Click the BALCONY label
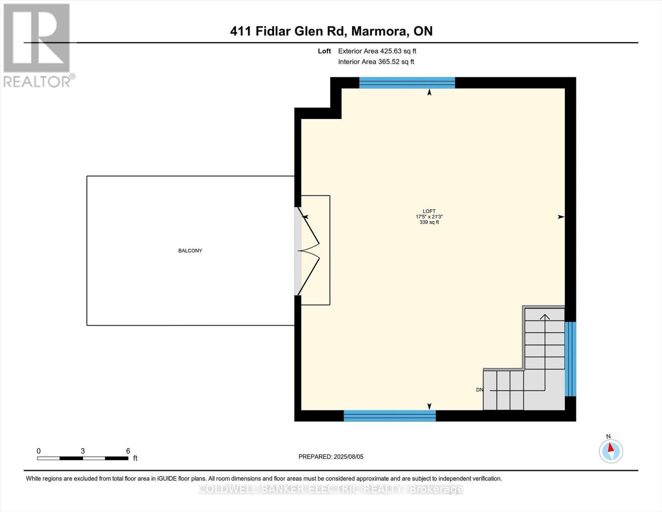point(190,250)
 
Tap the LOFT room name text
point(429,211)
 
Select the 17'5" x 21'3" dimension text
point(429,217)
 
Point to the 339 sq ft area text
point(429,222)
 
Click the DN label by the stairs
point(480,390)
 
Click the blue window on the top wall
point(407,83)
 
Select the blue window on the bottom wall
point(390,416)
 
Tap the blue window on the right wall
point(570,359)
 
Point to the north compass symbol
point(611,451)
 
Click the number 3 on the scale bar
point(83,451)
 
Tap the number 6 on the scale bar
point(128,451)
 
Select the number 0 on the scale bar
point(39,451)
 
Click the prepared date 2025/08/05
point(348,457)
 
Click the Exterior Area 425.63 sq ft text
point(377,51)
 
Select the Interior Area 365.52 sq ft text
point(376,62)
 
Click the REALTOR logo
point(37,45)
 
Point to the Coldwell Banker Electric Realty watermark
point(331,489)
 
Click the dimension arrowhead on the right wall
point(561,217)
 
